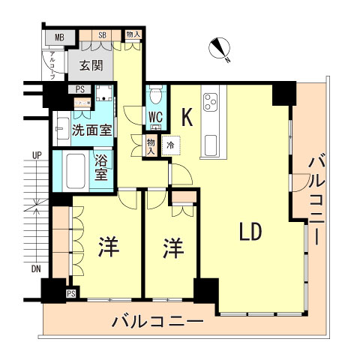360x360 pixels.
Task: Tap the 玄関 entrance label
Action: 90,66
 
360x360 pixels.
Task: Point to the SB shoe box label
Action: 103,34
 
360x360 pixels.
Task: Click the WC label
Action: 155,116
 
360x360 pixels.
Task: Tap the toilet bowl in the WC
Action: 155,96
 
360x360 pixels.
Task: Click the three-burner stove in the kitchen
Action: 211,100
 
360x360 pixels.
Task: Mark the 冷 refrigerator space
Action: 170,144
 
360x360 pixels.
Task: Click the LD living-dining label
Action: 250,232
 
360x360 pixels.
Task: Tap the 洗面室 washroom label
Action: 91,130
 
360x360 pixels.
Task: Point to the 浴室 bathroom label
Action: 101,167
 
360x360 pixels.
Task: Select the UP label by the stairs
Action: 36,155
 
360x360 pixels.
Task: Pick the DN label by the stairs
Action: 36,268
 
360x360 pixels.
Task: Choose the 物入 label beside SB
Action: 133,34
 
